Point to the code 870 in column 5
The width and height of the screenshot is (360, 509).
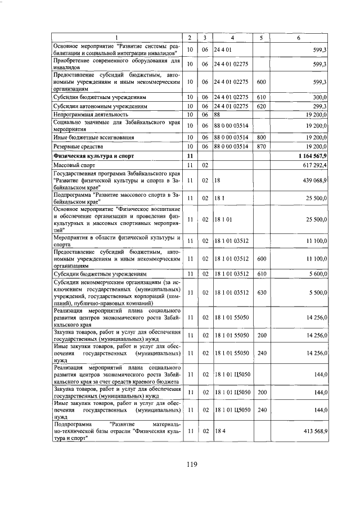point(261,145)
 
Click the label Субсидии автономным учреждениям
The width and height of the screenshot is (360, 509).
point(100,105)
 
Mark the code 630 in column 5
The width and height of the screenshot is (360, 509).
point(261,292)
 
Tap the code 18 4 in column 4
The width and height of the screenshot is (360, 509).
point(219,430)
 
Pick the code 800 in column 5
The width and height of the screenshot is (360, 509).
point(261,136)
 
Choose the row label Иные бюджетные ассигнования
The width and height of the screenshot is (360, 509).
point(89,136)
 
